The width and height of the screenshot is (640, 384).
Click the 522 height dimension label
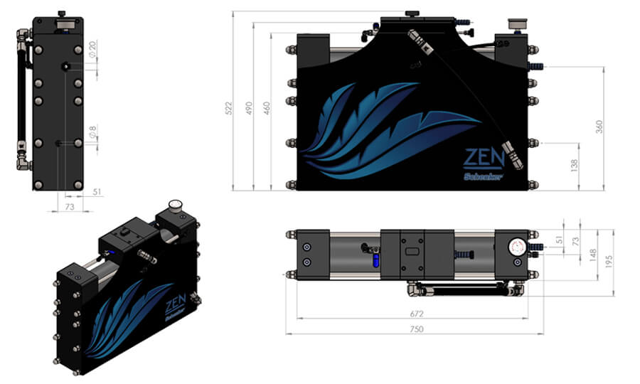point(228,107)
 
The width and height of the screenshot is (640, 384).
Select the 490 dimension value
point(247,107)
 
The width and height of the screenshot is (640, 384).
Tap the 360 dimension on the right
point(599,127)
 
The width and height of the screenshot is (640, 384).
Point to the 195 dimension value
point(609,262)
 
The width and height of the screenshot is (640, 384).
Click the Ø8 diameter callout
point(92,132)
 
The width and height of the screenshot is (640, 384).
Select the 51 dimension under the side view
point(97,192)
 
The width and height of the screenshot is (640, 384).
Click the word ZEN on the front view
point(484,157)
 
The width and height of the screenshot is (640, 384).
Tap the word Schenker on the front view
point(484,176)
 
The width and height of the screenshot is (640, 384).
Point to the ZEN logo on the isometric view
point(175,307)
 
